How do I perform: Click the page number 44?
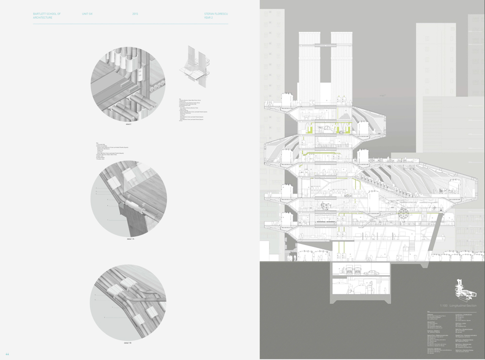tap(7, 354)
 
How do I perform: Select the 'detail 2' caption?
tap(129, 124)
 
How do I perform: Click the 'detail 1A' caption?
tap(130, 239)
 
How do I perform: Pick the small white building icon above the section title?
tap(463, 290)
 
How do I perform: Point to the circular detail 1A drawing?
tap(129, 198)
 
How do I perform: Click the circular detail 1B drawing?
tap(128, 302)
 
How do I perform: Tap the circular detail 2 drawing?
tap(128, 84)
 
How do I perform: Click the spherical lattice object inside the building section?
tap(403, 213)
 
